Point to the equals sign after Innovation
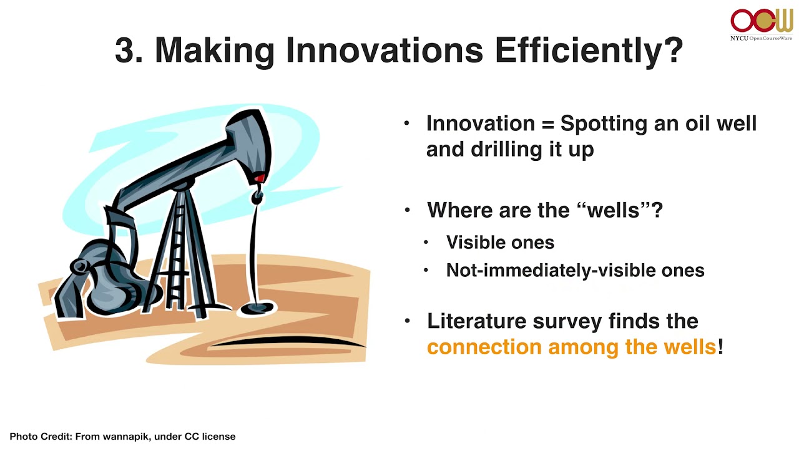tap(547, 124)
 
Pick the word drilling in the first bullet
tap(506, 150)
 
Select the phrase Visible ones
tap(500, 243)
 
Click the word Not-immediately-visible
tap(551, 271)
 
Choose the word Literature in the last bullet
tap(476, 321)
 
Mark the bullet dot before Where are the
tap(408, 210)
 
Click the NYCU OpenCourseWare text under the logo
tap(761, 38)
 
